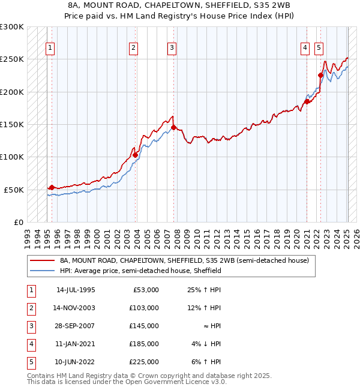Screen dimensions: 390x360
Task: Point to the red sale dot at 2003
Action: [x=136, y=155]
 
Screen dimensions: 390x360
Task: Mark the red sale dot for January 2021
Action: [x=307, y=101]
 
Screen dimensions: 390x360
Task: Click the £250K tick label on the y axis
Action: [x=12, y=59]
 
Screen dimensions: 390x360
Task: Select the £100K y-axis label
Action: [x=12, y=157]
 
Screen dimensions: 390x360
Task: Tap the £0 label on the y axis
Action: [x=17, y=222]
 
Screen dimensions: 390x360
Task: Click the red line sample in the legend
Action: [x=43, y=261]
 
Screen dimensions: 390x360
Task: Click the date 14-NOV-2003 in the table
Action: [x=76, y=308]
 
